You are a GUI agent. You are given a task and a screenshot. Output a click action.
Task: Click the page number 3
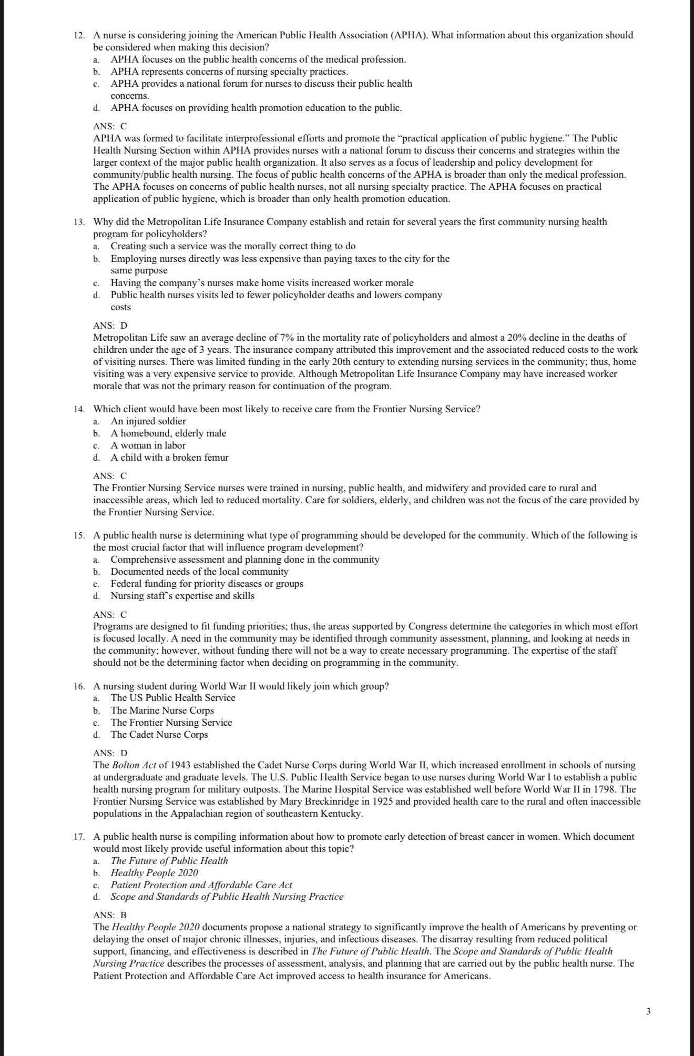tap(648, 1011)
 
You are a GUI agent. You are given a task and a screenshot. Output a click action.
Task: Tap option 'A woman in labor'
tap(148, 445)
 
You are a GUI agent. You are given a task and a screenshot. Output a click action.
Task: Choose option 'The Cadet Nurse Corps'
tap(159, 735)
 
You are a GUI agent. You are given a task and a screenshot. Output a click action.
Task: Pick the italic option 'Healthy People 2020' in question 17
tap(154, 873)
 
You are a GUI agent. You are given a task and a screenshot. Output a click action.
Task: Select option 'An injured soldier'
tap(148, 421)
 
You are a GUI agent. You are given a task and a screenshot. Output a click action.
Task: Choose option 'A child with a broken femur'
tap(169, 458)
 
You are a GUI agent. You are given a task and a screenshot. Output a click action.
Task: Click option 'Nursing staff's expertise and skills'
tap(182, 596)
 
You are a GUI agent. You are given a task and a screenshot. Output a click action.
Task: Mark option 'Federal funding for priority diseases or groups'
tap(207, 584)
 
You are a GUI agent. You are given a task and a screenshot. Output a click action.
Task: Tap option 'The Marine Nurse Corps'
tap(162, 710)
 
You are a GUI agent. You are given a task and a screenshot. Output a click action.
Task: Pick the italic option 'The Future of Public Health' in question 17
tap(169, 861)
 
